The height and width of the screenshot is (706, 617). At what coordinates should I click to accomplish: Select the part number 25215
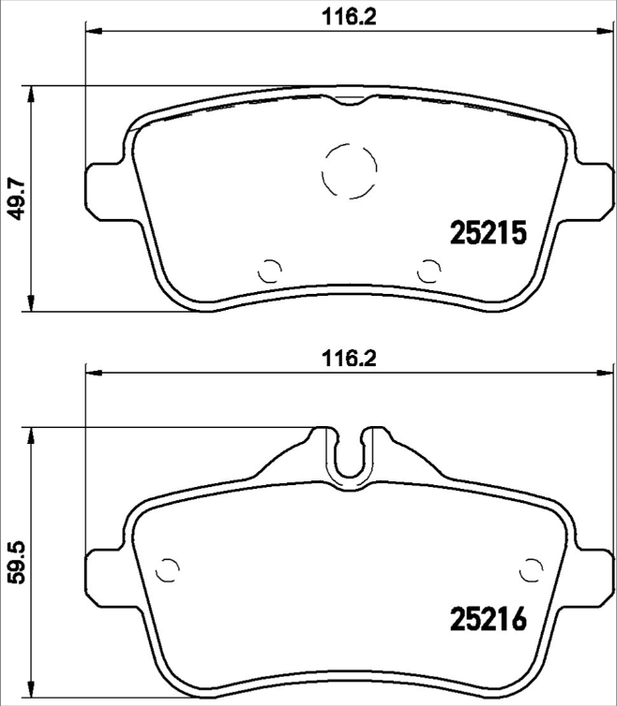coord(488,233)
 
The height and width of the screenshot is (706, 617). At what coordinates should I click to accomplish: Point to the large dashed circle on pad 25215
coord(350,171)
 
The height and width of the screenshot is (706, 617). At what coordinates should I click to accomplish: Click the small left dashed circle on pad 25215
coord(270,271)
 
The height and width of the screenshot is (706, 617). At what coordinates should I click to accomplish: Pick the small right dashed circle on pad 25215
coord(429,271)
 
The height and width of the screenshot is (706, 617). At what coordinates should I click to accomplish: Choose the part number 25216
coord(488,619)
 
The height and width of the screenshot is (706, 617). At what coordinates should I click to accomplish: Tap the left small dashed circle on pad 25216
coord(168,567)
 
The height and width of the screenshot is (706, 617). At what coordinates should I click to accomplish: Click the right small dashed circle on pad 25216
coord(532,567)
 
